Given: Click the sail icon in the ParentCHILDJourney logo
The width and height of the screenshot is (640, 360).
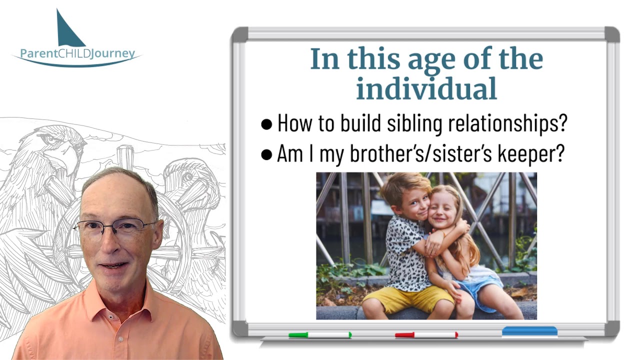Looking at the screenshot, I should tap(69, 31).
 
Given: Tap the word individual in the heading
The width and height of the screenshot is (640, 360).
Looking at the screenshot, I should tap(426, 88).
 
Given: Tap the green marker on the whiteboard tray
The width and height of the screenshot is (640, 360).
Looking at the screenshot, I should tap(320, 335).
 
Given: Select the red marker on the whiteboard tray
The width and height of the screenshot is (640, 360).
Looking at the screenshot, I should tap(426, 335).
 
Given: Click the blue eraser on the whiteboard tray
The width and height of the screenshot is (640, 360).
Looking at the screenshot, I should tap(529, 331).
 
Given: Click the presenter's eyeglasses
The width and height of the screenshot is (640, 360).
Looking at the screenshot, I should tap(114, 227).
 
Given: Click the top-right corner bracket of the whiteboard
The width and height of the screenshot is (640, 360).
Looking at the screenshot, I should tap(612, 34).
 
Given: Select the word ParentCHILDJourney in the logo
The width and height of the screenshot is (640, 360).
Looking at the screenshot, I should tap(77, 53).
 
